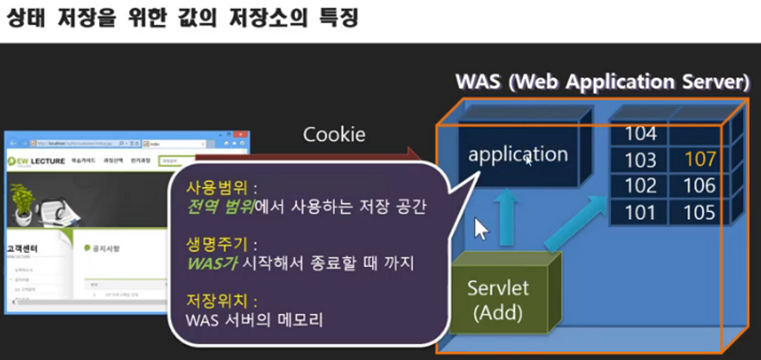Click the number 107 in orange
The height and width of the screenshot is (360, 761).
point(700,159)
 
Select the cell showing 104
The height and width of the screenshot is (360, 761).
point(640,133)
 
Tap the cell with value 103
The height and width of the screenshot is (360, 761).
point(640,160)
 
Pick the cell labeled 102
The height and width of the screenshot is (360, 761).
point(640,185)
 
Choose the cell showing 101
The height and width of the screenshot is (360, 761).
point(640,212)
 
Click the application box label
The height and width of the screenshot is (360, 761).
point(518,154)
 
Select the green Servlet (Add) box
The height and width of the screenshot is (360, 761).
point(498,300)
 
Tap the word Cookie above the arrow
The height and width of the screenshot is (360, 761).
point(334,134)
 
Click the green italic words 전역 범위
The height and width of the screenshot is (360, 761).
point(220,207)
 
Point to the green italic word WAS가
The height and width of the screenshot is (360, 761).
point(211,264)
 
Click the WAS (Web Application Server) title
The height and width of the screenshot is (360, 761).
point(602,82)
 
